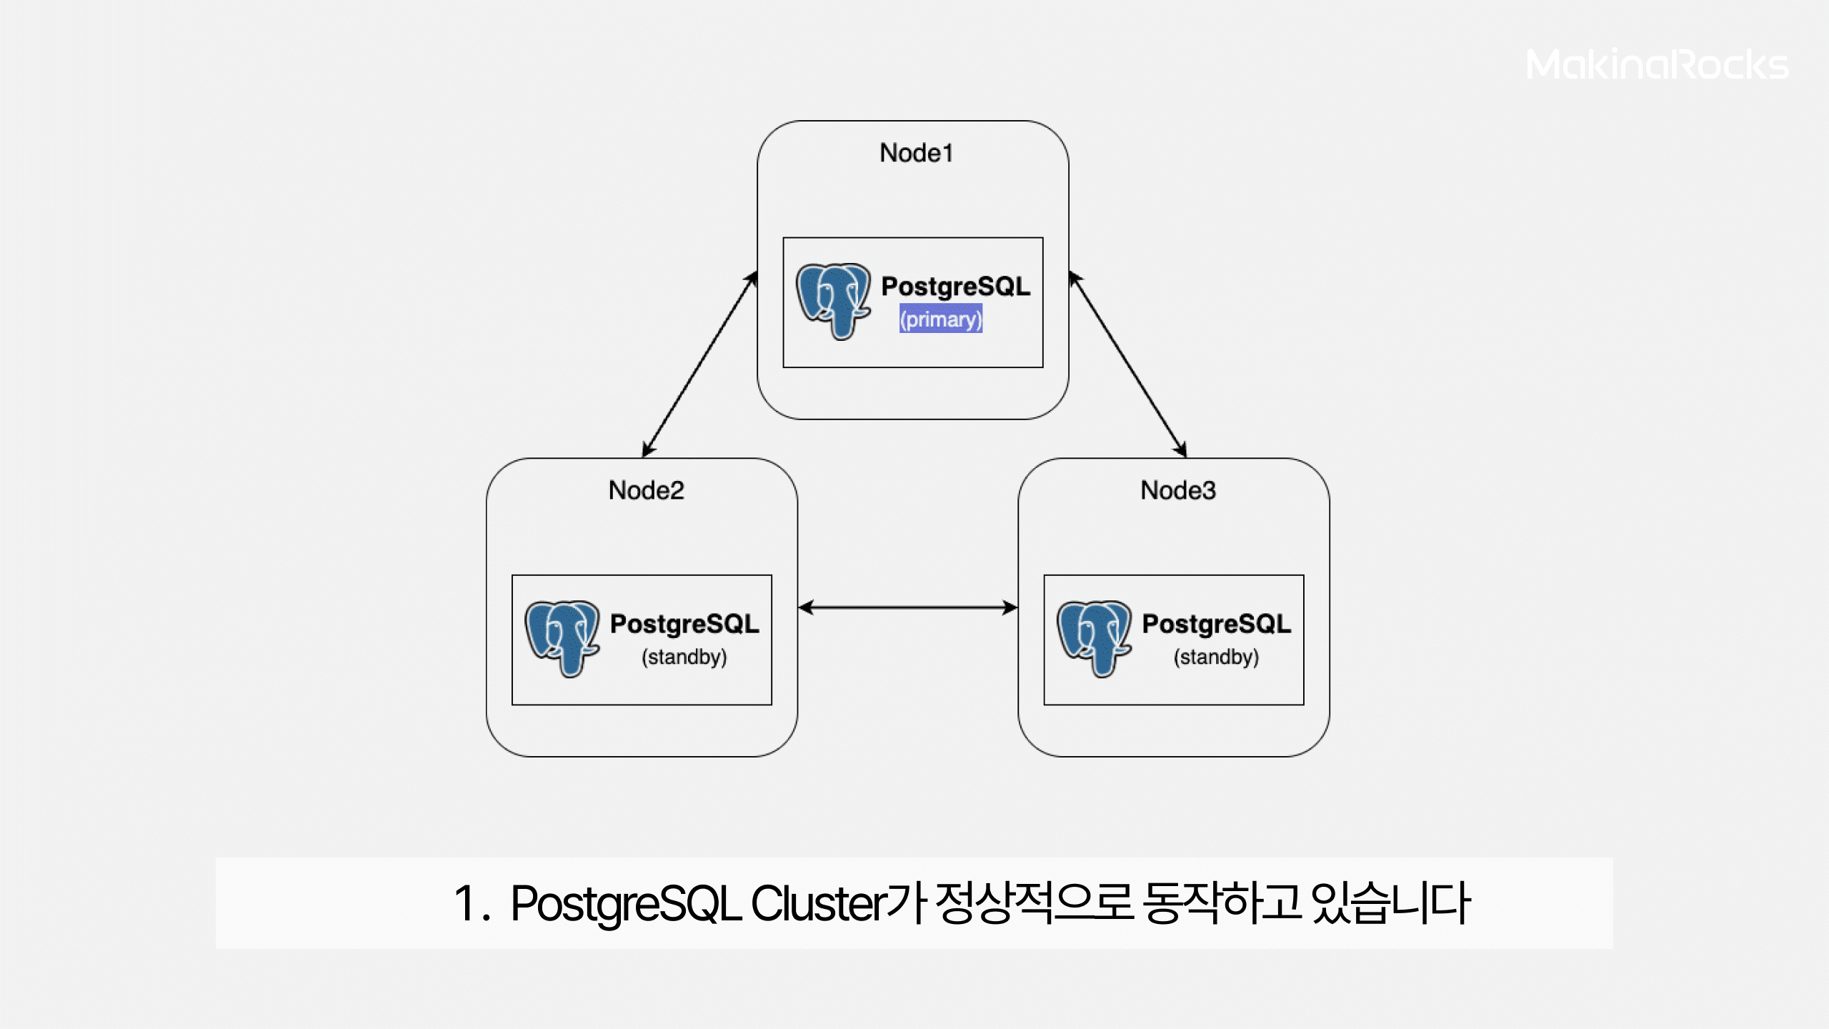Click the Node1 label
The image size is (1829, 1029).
pos(916,153)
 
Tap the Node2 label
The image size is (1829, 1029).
pos(646,490)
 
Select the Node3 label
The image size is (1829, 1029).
pos(1177,490)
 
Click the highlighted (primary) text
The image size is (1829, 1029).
pos(940,319)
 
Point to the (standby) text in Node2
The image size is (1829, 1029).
pos(684,657)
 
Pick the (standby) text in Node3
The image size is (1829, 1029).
pos(1216,657)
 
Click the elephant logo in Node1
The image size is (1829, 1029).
pos(833,301)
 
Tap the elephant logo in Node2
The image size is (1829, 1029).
pos(562,638)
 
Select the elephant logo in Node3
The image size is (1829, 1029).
pos(1094,638)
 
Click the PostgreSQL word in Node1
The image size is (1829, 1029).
pos(955,287)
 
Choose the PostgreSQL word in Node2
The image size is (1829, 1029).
pos(684,624)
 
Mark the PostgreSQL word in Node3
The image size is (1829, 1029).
pos(1216,624)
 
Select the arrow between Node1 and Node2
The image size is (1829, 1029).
pos(699,364)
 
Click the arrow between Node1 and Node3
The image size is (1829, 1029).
pos(1127,364)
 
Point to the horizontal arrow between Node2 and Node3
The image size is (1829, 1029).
pos(907,607)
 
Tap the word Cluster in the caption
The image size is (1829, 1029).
pos(818,904)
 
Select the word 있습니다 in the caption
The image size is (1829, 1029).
pos(1390,903)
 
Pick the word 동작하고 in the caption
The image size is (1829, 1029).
pos(1222,903)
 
